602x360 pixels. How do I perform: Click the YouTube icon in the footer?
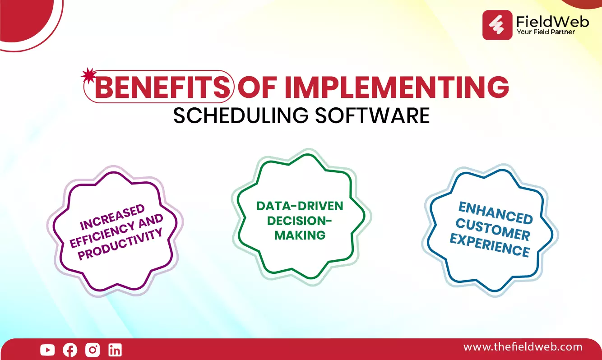point(47,350)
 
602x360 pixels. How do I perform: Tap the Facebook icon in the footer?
point(70,350)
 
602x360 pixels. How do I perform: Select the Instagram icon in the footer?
point(93,350)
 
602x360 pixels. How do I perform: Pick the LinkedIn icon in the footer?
point(115,350)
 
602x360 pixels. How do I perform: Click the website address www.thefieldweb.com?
point(523,347)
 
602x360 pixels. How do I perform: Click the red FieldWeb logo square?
point(497,25)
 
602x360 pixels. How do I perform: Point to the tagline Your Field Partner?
point(545,32)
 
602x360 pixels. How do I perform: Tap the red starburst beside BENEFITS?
point(89,75)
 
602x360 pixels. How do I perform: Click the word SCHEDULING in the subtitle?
point(241,115)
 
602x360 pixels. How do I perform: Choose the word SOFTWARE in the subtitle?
point(372,115)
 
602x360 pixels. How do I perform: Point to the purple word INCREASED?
point(113,217)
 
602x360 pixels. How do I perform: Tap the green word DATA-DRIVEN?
point(300,206)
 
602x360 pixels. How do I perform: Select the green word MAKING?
point(300,235)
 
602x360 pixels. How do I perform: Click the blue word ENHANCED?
point(495,213)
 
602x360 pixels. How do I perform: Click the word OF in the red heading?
point(257,87)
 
